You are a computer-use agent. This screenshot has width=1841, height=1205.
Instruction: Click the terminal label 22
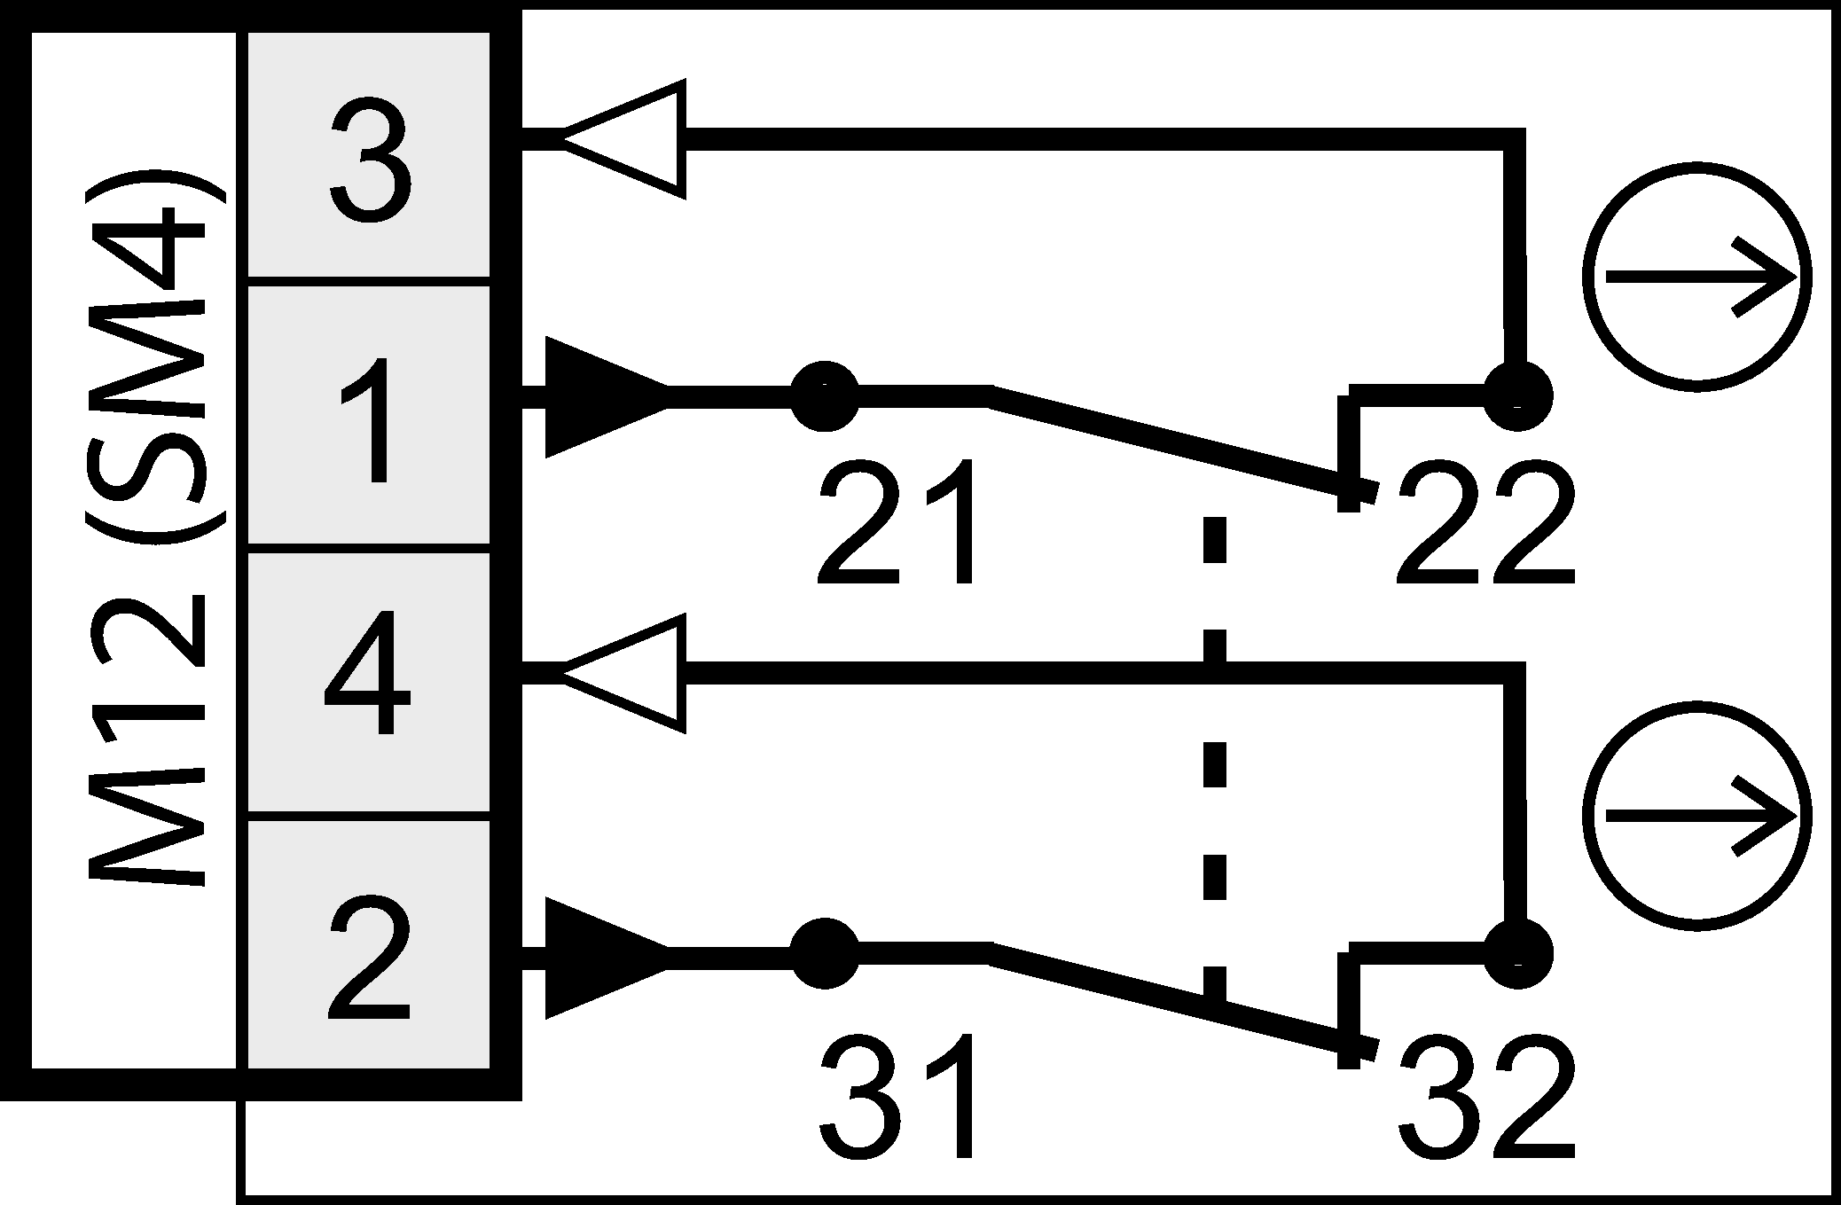tap(1483, 525)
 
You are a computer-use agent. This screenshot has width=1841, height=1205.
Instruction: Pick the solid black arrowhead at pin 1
tap(603, 396)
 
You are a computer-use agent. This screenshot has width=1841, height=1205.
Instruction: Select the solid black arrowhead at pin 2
tap(603, 957)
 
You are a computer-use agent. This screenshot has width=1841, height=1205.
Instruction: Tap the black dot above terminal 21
tap(825, 396)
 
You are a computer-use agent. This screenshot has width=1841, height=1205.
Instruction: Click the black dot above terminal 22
tap(1518, 396)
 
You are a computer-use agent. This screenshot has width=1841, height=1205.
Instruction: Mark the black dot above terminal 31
tap(825, 954)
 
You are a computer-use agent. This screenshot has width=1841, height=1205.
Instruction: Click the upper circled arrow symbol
tap(1697, 278)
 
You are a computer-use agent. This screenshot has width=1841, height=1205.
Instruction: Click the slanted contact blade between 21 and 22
tap(1179, 443)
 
